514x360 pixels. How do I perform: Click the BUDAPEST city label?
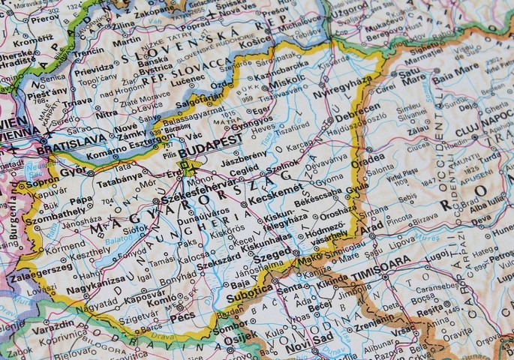(215, 140)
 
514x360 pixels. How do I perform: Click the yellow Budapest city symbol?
(185, 166)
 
